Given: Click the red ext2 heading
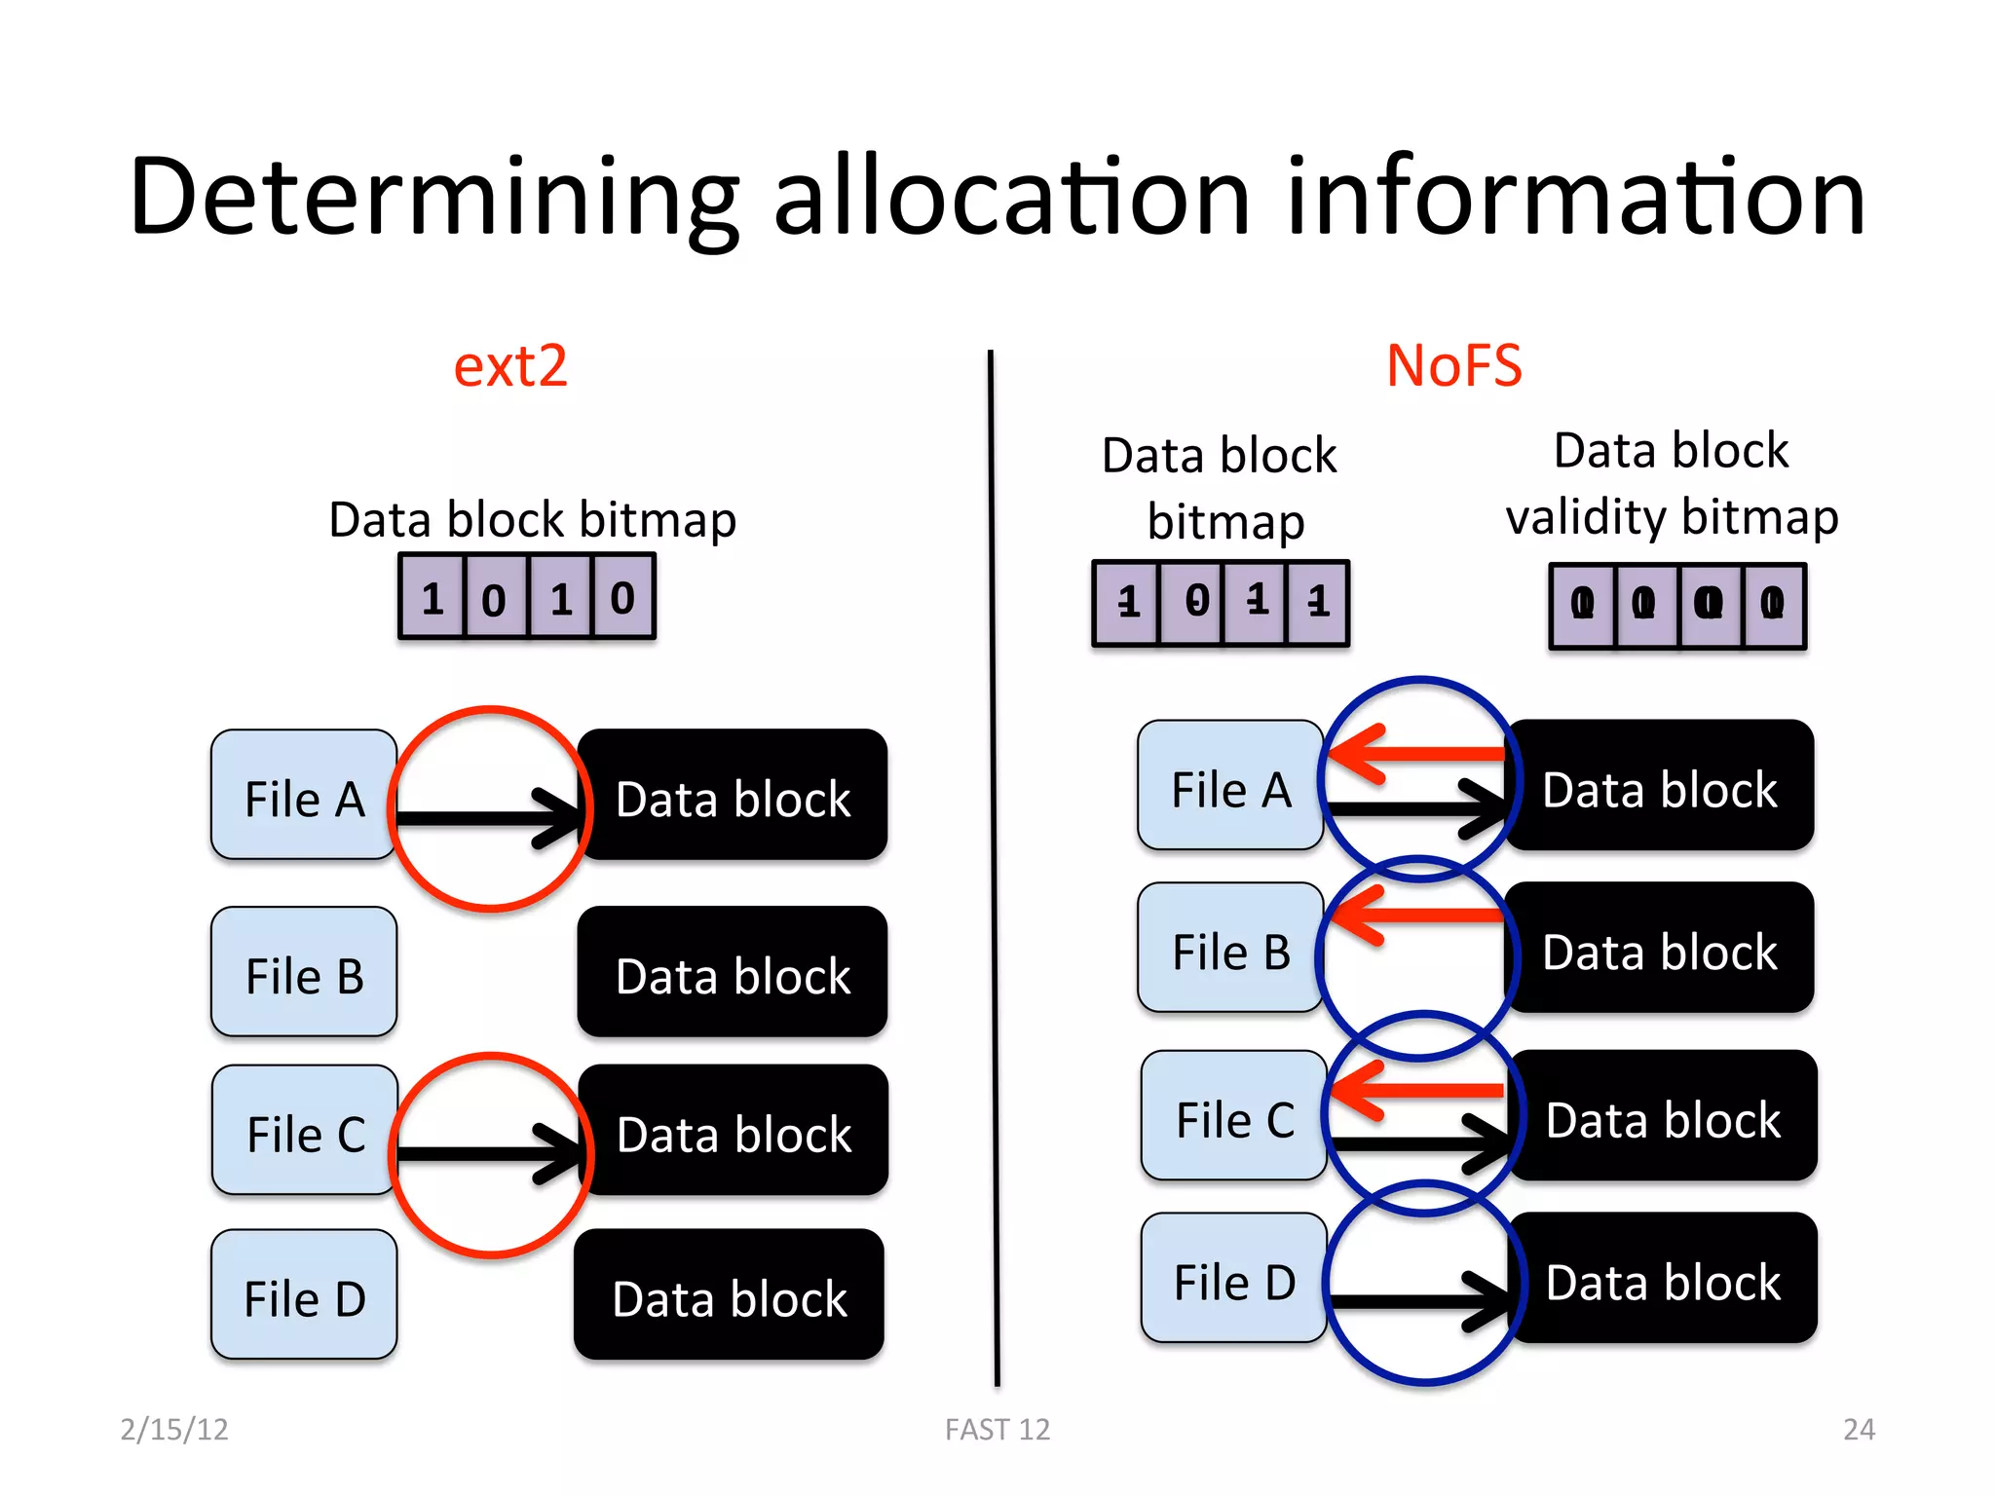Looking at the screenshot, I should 510,366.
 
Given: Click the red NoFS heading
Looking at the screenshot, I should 1453,366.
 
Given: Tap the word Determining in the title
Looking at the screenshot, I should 433,198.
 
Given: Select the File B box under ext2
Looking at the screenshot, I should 304,972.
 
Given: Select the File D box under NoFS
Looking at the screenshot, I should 1233,1278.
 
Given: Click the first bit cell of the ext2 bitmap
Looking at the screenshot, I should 433,597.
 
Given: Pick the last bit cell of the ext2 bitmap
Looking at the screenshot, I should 622,597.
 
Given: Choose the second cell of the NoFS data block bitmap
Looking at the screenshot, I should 1192,603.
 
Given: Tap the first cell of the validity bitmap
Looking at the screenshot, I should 1583,606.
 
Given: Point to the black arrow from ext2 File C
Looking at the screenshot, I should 487,1154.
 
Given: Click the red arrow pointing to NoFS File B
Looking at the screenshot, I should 1417,916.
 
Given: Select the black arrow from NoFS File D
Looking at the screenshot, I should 1417,1301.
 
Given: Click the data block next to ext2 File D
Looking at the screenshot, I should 729,1295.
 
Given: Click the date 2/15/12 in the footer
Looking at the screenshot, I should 174,1429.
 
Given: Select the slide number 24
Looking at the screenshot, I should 1859,1429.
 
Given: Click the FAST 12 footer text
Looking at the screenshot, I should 997,1429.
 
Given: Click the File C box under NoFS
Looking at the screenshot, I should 1234,1116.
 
